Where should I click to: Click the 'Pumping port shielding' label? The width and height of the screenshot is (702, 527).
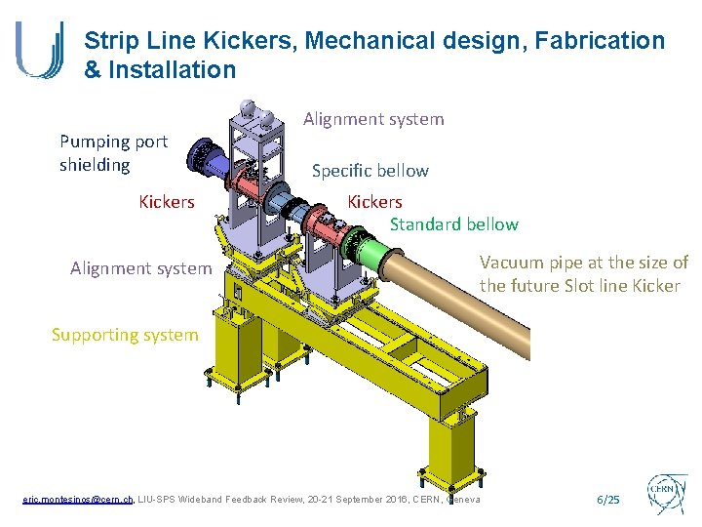pyautogui.click(x=113, y=153)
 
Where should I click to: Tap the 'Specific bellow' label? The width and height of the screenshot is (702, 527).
pyautogui.click(x=370, y=171)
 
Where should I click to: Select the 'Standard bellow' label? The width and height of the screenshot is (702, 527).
pyautogui.click(x=454, y=224)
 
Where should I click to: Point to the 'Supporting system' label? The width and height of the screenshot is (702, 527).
pyautogui.click(x=125, y=335)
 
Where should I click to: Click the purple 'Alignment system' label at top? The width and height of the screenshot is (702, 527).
pyautogui.click(x=373, y=119)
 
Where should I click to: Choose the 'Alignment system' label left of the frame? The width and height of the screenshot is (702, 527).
pyautogui.click(x=140, y=267)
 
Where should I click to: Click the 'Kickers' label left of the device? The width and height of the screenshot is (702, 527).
pyautogui.click(x=167, y=202)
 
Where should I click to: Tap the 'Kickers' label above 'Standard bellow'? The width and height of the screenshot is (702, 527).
pyautogui.click(x=374, y=202)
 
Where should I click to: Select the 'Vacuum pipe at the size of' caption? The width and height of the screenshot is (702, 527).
pyautogui.click(x=583, y=263)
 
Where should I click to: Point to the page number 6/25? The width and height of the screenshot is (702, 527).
pyautogui.click(x=606, y=500)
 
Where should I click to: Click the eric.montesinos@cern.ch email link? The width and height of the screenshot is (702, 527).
pyautogui.click(x=77, y=500)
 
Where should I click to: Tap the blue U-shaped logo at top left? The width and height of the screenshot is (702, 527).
pyautogui.click(x=40, y=50)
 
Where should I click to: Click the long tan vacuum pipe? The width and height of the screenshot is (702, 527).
pyautogui.click(x=458, y=293)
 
